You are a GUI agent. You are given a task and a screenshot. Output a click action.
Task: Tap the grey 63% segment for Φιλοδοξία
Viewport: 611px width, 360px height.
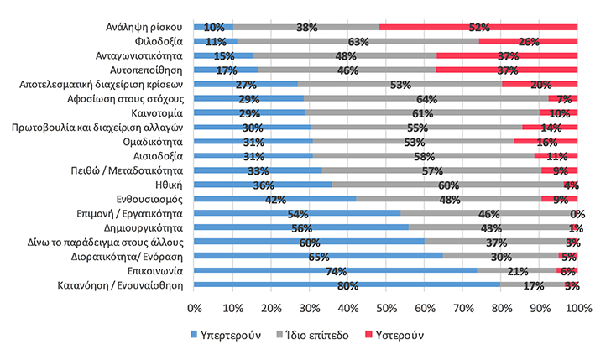(358, 40)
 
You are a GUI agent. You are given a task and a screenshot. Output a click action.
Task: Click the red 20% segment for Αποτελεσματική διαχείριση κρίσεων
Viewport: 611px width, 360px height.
(539, 84)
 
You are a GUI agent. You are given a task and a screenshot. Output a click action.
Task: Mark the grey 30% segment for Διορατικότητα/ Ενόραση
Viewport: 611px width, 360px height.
(500, 256)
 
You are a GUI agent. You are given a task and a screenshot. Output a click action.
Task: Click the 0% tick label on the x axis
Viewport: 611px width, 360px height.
(195, 309)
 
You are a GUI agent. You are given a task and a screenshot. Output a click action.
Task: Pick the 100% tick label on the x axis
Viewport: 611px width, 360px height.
(576, 309)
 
